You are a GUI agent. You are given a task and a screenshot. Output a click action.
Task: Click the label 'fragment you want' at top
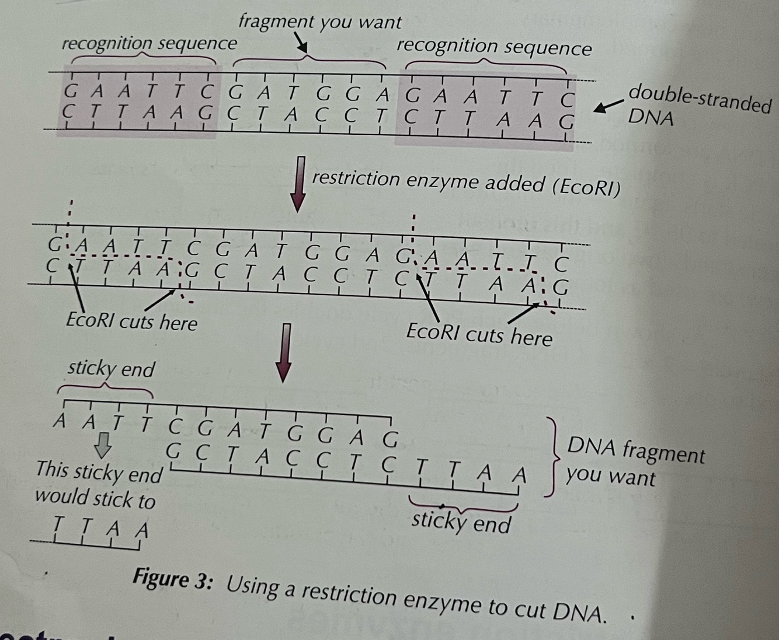pos(320,22)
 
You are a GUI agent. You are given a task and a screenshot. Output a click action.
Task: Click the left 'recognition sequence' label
pos(149,43)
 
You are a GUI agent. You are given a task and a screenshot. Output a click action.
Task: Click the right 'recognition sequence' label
pos(493,47)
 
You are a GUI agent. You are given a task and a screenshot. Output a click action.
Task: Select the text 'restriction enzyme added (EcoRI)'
pos(465,182)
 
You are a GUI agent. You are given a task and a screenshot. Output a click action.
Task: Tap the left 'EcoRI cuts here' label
pos(131,321)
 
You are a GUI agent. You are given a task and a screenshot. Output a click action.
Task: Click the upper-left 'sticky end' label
pos(111,369)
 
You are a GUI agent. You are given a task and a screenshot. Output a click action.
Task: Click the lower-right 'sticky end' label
pos(461,522)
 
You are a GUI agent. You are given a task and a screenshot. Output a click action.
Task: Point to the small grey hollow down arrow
pos(104,445)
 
